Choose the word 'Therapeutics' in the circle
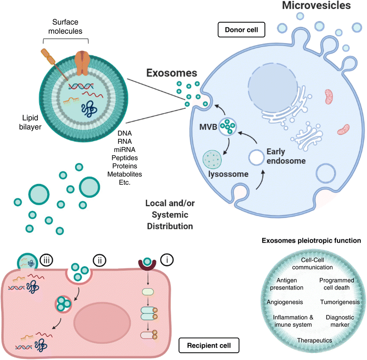(314, 340)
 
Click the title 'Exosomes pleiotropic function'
(314, 240)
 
